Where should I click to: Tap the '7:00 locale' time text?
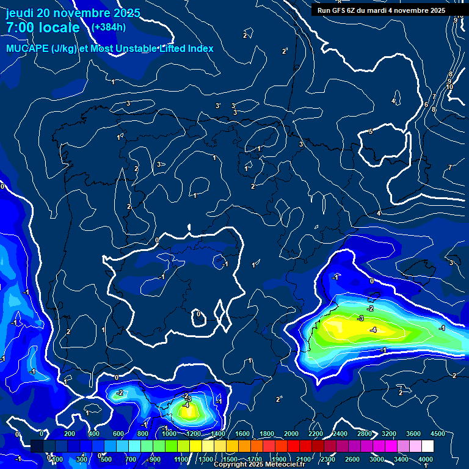click(x=43, y=27)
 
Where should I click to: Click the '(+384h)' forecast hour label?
click(x=109, y=27)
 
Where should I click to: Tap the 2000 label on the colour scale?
click(x=291, y=434)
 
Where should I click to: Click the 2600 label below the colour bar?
click(x=352, y=459)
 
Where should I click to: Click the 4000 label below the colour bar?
click(x=426, y=459)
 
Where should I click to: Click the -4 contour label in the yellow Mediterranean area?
click(x=373, y=330)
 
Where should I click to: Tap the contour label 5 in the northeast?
click(x=371, y=132)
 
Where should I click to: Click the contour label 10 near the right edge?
click(x=449, y=87)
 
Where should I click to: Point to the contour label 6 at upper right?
click(x=426, y=105)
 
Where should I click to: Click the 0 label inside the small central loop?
click(x=198, y=314)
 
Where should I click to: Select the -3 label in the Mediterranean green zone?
click(x=361, y=319)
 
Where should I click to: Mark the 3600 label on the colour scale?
click(x=413, y=434)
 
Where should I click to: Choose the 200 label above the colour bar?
click(x=70, y=434)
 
